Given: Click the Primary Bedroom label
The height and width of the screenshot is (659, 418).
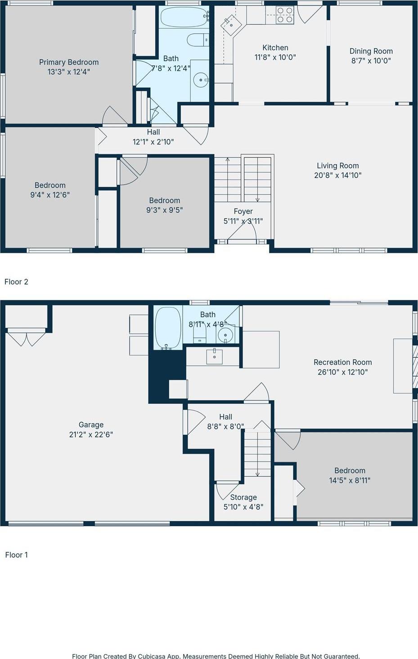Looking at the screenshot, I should (x=68, y=62).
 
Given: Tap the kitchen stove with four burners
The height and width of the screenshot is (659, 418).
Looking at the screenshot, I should (x=285, y=15).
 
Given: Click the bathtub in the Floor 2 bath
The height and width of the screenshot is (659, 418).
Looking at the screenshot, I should (x=184, y=18).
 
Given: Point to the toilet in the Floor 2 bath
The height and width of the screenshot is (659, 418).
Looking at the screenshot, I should (x=197, y=40).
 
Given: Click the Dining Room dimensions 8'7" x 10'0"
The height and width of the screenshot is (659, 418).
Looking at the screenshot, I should (x=371, y=61).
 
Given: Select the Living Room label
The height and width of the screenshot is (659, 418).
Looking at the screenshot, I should (x=337, y=166).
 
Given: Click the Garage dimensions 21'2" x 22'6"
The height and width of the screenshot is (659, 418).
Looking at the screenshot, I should (x=91, y=434).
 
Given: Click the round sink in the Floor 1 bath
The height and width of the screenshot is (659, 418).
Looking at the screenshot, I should (x=225, y=335).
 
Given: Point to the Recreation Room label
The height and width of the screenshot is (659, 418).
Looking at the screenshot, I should (x=342, y=362).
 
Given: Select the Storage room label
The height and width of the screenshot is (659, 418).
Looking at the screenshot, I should (x=243, y=497).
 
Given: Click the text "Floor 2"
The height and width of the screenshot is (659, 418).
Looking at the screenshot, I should (x=16, y=282).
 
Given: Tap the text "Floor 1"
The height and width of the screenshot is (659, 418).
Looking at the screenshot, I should (x=16, y=555).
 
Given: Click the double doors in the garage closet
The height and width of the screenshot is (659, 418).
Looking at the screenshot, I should (x=26, y=338).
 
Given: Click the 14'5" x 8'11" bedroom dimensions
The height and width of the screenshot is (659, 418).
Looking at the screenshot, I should (x=350, y=480).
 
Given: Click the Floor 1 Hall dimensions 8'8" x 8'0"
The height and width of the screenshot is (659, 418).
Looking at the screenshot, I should (x=225, y=426).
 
